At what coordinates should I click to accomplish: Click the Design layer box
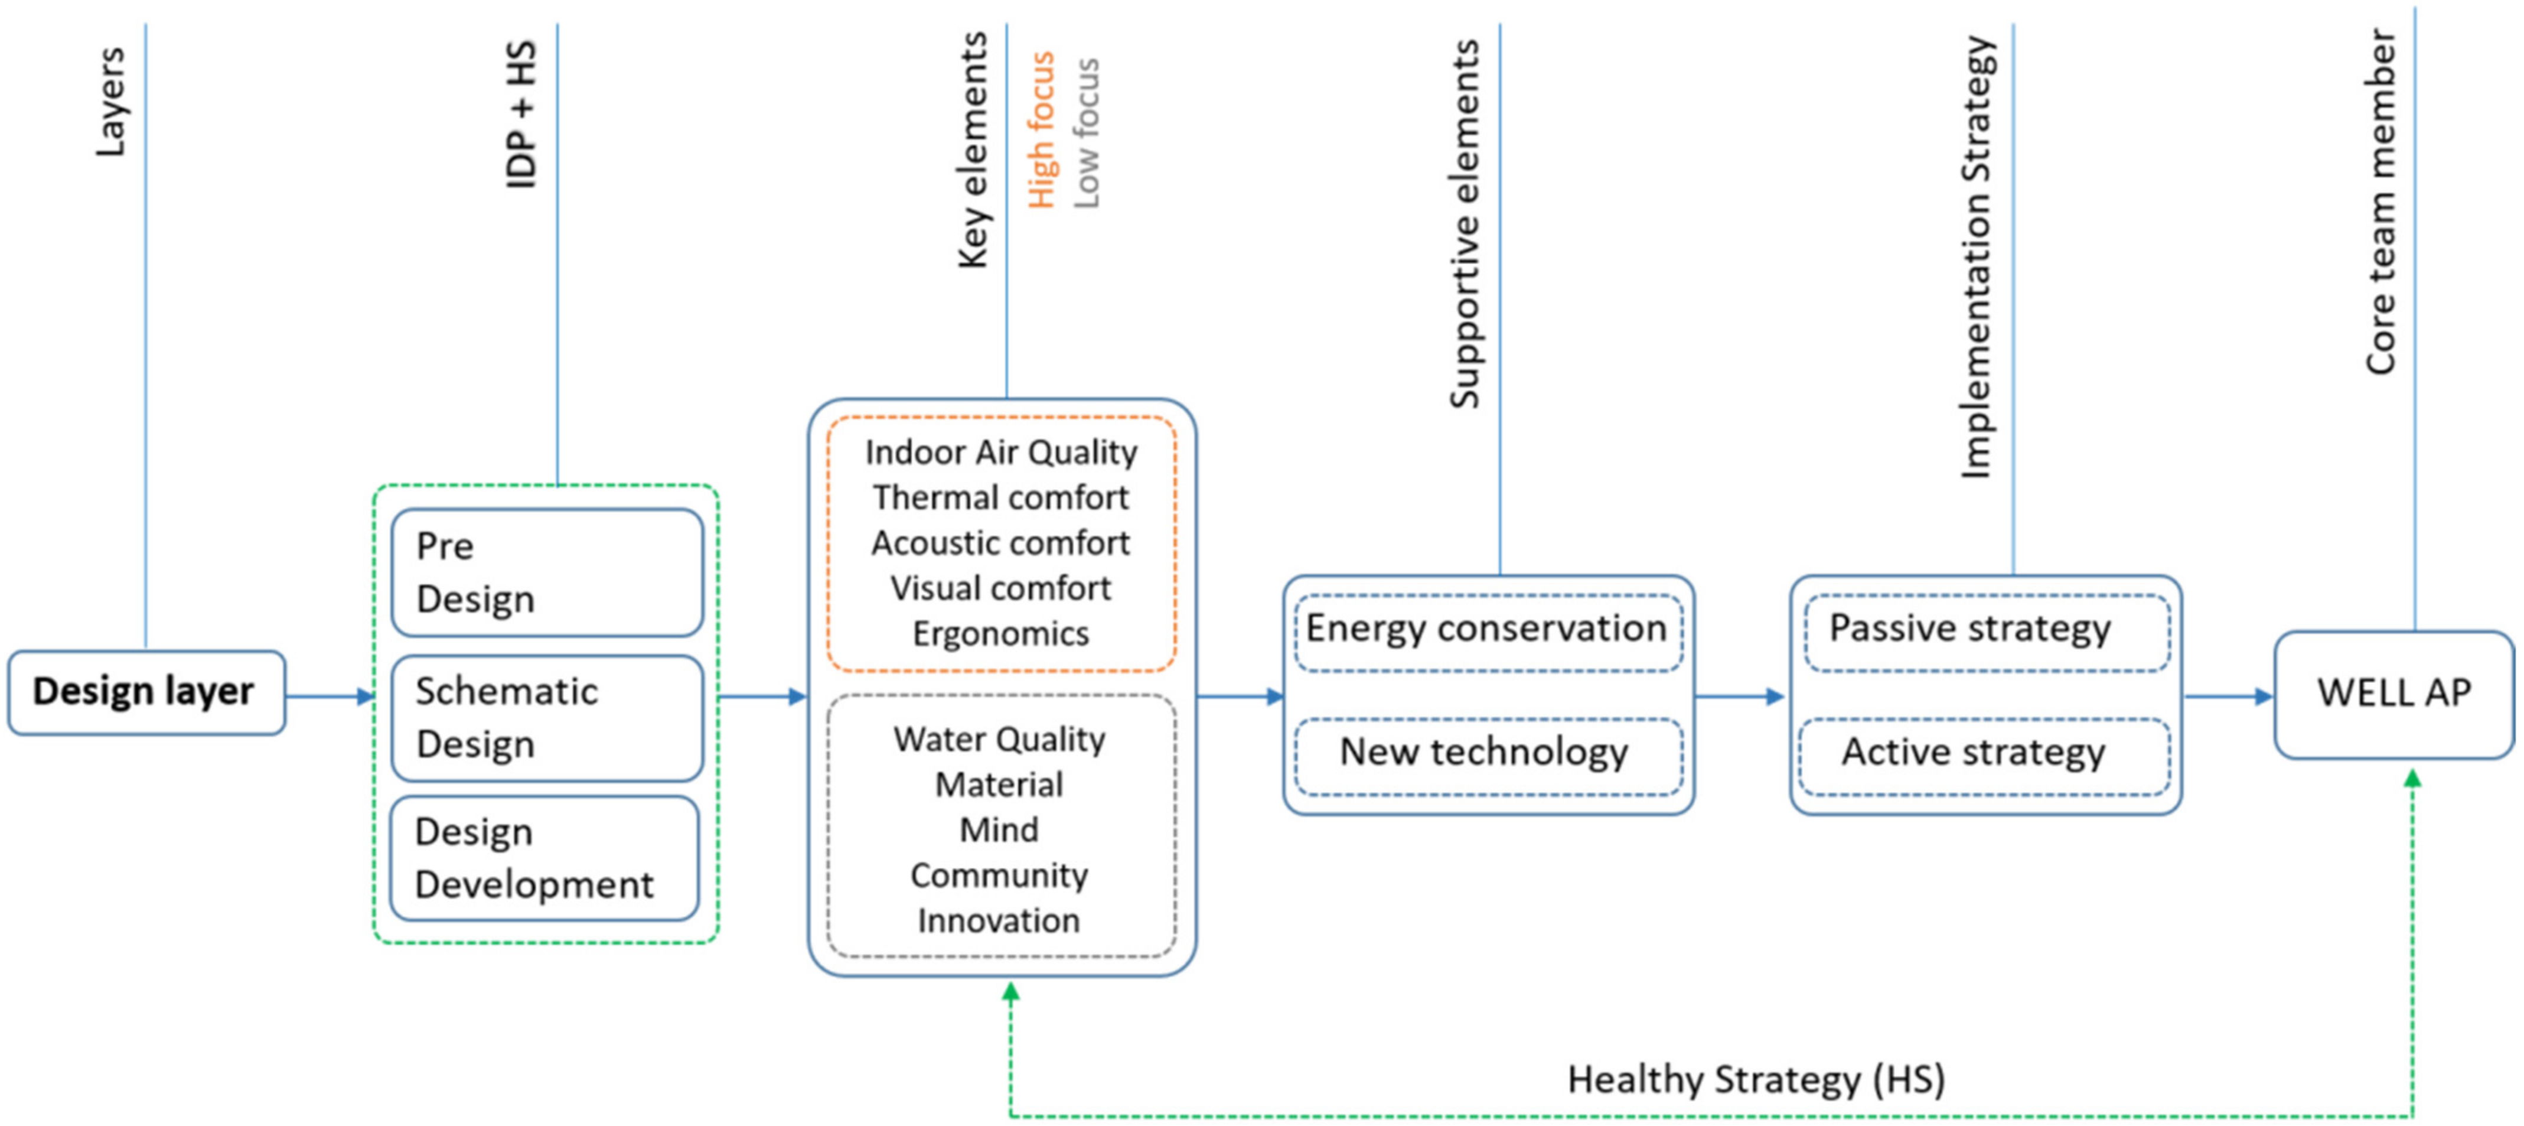tap(146, 692)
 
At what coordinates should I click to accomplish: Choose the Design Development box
tap(544, 858)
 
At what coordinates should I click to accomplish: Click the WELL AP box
tap(2393, 694)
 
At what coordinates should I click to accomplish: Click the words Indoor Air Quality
tap(1000, 453)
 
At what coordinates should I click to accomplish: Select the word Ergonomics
tap(1000, 634)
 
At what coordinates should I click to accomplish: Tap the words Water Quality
tap(999, 739)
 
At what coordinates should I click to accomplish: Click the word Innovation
tap(999, 921)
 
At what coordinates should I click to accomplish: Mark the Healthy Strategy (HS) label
tap(1756, 1079)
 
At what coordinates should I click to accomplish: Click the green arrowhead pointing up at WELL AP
tap(2412, 779)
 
